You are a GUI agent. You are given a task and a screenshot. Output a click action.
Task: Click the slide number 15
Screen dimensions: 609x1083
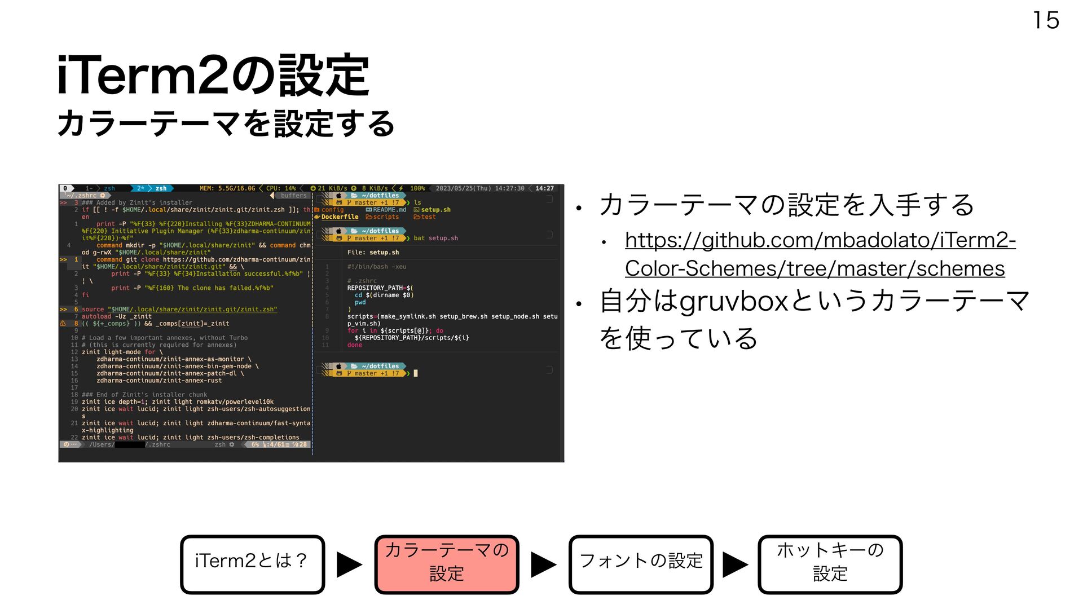point(1046,21)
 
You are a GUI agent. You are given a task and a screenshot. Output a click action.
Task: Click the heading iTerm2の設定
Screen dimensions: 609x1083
point(213,76)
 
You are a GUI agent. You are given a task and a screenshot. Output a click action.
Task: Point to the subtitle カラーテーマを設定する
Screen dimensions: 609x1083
point(226,123)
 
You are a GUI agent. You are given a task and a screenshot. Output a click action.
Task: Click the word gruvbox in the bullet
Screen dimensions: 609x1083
point(733,301)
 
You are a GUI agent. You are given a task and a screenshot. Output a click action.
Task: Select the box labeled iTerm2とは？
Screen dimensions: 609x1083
point(252,564)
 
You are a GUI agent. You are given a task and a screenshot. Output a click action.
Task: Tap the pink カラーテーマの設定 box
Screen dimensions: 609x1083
point(446,564)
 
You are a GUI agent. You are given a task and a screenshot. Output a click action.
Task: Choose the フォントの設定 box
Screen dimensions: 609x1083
point(641,564)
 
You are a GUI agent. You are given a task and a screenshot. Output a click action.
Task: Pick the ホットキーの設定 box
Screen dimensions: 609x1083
point(830,564)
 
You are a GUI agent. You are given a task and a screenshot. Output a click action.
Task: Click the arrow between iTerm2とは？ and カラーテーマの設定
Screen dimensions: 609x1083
point(349,564)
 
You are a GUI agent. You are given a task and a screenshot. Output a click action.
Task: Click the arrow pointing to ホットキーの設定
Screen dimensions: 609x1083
point(736,564)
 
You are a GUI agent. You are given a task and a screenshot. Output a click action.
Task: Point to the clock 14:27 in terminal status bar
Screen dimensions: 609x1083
point(544,188)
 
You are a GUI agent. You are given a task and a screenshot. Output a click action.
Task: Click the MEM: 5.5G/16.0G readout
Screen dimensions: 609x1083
point(227,188)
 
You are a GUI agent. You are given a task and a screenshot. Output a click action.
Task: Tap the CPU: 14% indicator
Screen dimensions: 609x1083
point(281,188)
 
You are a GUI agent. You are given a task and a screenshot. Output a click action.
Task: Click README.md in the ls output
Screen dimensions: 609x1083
point(389,210)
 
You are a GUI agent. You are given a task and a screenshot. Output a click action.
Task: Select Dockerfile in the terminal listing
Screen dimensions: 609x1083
point(340,217)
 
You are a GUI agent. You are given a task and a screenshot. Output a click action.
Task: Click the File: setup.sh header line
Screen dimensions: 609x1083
point(373,253)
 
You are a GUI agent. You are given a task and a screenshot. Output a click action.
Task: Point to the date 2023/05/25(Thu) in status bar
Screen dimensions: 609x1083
point(463,188)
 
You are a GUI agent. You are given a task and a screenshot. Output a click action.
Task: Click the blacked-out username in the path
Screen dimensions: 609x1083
point(130,445)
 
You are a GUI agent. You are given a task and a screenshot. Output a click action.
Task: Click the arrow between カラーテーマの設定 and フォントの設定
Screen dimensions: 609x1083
point(544,564)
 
